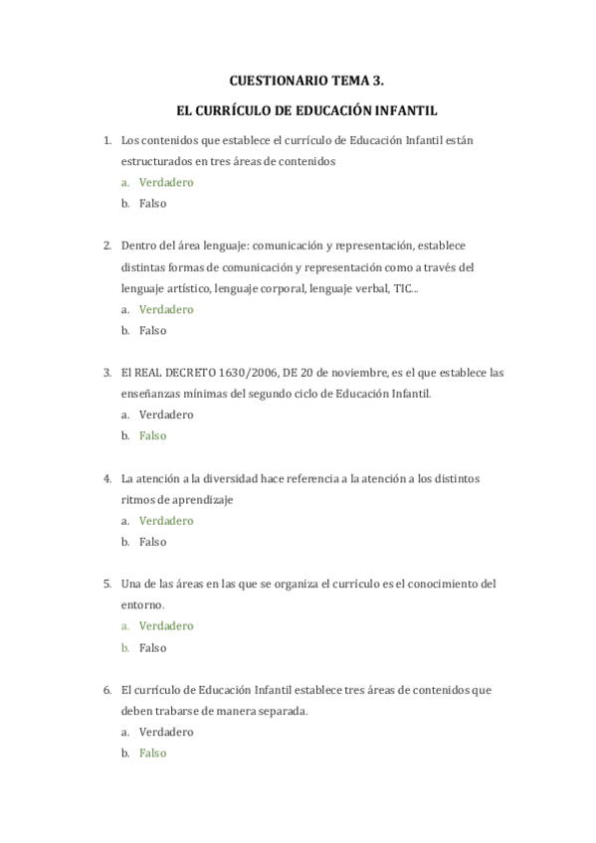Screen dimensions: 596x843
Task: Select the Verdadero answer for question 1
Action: [166, 182]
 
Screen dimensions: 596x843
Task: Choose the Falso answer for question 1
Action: [152, 204]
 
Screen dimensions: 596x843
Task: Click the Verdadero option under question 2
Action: [166, 309]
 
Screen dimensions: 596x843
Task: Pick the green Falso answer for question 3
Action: [152, 436]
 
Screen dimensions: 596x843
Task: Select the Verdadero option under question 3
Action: [166, 416]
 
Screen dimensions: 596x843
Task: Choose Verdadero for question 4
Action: [166, 521]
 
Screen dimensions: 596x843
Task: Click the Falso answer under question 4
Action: [152, 542]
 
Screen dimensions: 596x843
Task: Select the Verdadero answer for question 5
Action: [166, 626]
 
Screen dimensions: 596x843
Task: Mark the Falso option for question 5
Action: [152, 647]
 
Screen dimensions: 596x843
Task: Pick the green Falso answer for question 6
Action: [152, 754]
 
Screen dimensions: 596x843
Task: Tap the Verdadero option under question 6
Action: [166, 732]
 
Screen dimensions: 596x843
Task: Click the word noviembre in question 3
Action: [360, 373]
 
